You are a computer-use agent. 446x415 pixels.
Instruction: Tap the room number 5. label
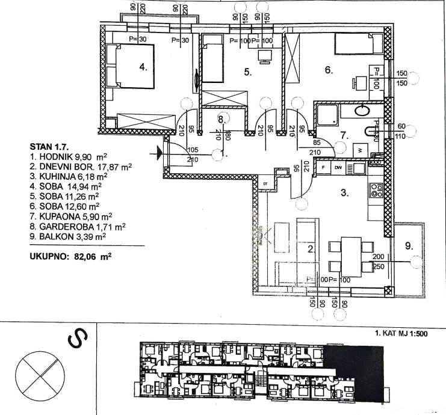coord(247,72)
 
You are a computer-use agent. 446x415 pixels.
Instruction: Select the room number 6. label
coord(329,70)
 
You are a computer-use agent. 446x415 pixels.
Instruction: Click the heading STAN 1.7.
coord(49,146)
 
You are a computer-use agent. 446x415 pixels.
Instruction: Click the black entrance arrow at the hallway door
coord(159,153)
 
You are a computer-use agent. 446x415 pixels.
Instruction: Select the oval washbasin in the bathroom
coord(362,111)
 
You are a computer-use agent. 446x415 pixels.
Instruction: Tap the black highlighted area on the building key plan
coord(355,372)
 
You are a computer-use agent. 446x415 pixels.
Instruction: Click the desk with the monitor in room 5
coord(265,56)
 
